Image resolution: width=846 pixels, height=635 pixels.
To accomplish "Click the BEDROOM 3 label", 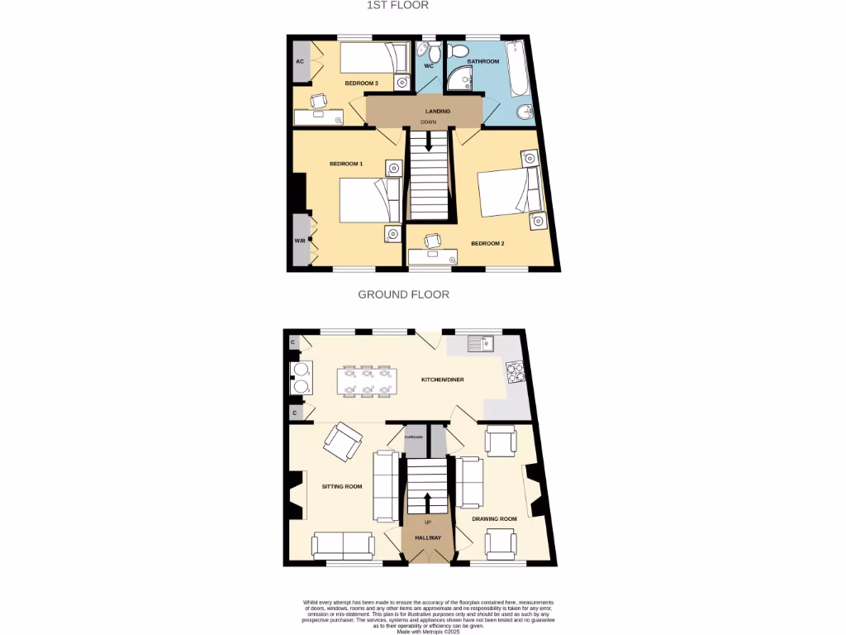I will [x=361, y=84].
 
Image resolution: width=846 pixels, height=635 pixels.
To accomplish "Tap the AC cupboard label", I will [x=300, y=62].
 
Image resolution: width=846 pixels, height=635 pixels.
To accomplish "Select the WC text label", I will [x=429, y=65].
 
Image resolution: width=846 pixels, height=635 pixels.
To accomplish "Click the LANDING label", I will [x=438, y=112].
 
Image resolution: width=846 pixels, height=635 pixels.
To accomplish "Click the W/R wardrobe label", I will [x=300, y=241].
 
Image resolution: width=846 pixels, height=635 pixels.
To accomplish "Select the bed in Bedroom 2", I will [x=506, y=192].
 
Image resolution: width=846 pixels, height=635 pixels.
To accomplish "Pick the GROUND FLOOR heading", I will [x=403, y=294].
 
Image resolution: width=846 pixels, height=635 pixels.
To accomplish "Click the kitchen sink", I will [x=479, y=341].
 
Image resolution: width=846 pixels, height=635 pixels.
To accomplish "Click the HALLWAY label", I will [x=428, y=538].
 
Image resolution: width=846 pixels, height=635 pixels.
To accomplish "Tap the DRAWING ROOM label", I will [x=494, y=519].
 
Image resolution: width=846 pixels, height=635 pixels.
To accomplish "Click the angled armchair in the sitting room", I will [x=342, y=442].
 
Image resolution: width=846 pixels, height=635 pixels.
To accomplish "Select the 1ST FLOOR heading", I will [x=398, y=5].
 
